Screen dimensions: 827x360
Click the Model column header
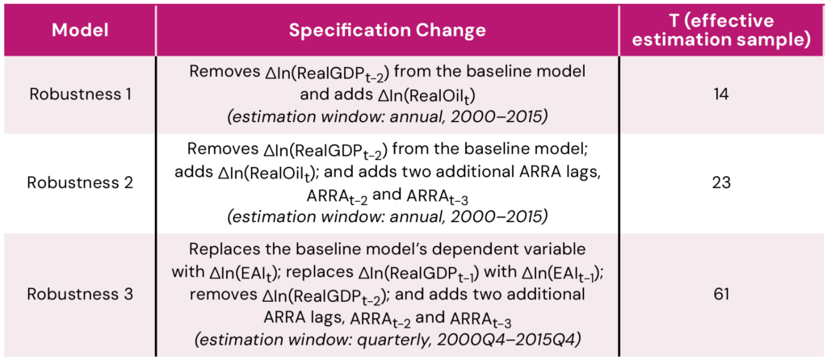tap(80, 31)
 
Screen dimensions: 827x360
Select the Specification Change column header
tap(387, 31)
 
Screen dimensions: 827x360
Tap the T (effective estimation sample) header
tap(724, 31)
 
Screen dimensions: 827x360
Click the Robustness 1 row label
tap(80, 95)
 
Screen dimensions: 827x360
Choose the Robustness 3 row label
tap(80, 294)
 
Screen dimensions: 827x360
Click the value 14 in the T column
tap(723, 95)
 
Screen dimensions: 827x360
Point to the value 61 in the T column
tap(723, 294)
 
